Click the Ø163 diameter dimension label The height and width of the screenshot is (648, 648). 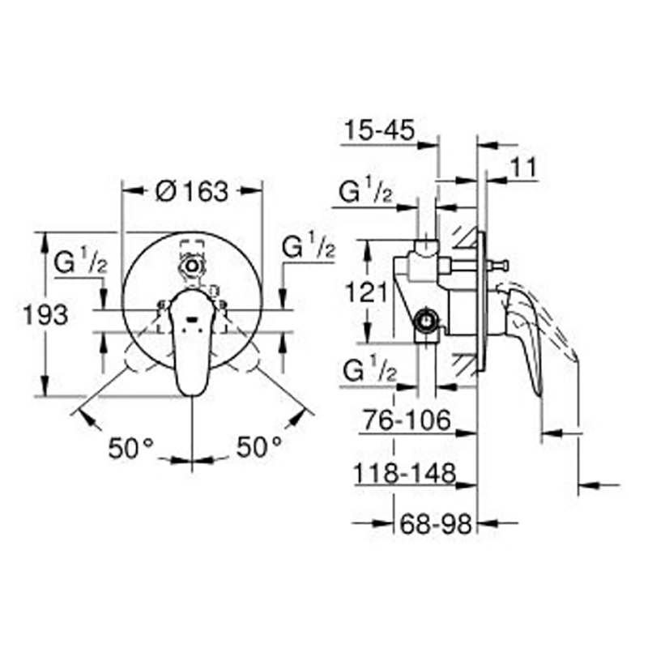pos(192,191)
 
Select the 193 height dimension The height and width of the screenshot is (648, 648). pos(45,315)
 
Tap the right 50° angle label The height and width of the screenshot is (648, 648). pos(259,447)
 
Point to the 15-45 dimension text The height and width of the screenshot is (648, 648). pos(379,130)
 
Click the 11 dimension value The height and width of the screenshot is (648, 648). pos(523,168)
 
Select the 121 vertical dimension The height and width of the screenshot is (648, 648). pos(366,292)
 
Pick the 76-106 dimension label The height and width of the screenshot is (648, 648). pos(407,420)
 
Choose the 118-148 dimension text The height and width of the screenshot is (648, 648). pos(404,473)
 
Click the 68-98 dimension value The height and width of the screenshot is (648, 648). pos(436,524)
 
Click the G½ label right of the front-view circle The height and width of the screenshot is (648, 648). pos(309,246)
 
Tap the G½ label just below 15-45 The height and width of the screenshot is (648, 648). pos(365,190)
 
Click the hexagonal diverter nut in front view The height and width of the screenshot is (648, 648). pos(192,266)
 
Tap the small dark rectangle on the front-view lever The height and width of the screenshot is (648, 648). pos(192,318)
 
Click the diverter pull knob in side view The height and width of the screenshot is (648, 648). pos(498,265)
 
